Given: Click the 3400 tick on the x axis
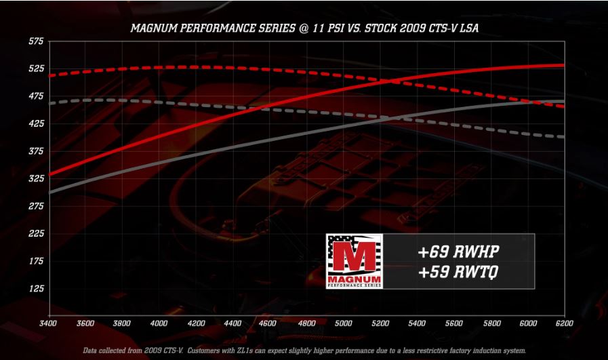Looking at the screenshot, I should (x=49, y=323).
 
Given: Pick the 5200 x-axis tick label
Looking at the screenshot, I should (x=380, y=323).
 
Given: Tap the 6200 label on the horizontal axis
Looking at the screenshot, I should (x=564, y=323).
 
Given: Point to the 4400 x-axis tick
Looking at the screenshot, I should (x=232, y=323).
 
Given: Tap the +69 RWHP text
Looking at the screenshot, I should (x=458, y=252).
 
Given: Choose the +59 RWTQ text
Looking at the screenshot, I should (x=458, y=272).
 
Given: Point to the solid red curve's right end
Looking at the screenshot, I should (x=564, y=65).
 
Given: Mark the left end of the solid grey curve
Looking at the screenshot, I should (x=49, y=193).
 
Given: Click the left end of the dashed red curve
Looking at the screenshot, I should (x=50, y=76).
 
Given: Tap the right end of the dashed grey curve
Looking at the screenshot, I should (x=564, y=137).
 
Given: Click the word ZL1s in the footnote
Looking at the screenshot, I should (x=260, y=351).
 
